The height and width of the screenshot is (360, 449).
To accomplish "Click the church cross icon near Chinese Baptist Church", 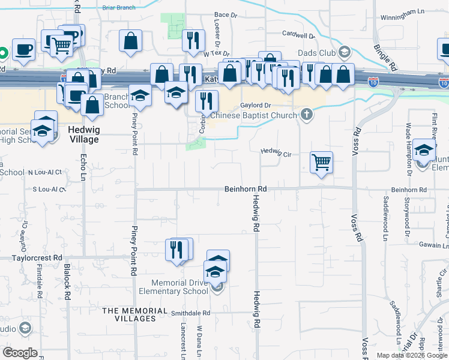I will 307,115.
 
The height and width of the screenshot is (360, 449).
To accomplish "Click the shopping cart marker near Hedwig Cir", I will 322,161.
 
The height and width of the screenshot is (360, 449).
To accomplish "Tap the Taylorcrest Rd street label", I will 37,257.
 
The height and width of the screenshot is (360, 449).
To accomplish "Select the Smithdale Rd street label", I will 190,313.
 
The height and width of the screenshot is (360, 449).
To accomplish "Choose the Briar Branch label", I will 119,8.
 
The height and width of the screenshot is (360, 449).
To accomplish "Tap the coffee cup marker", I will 23,49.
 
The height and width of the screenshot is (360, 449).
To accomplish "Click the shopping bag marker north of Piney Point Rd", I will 130,41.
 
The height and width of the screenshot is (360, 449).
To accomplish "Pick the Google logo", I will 20,353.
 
